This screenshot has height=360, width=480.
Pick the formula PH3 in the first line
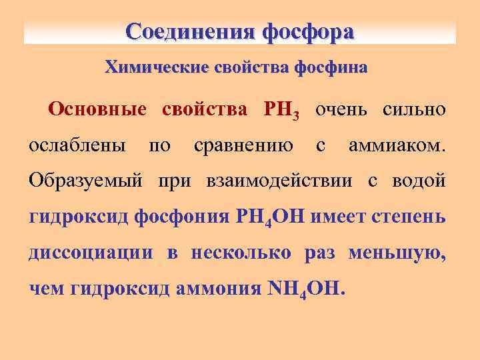click(x=281, y=110)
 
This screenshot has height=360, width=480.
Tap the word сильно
click(x=413, y=109)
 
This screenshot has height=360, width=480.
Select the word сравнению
click(x=243, y=145)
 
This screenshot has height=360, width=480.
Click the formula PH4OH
click(x=271, y=217)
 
